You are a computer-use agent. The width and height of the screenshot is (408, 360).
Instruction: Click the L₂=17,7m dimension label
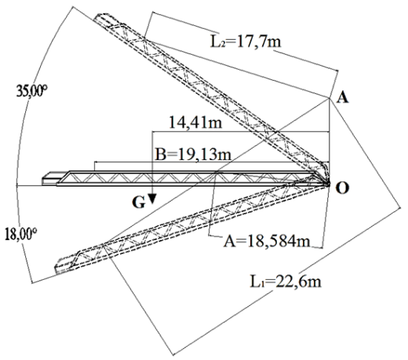[x=246, y=42]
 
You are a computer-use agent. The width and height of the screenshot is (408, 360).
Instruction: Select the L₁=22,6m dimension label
[x=286, y=282]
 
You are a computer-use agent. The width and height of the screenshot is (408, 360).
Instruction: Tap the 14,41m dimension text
[x=195, y=122]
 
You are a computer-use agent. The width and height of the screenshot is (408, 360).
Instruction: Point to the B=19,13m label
[x=193, y=155]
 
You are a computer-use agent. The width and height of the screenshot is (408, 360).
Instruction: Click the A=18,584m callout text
[x=267, y=241]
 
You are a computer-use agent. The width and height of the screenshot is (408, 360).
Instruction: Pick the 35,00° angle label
[x=31, y=91]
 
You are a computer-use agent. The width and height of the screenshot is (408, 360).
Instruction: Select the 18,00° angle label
[x=20, y=234]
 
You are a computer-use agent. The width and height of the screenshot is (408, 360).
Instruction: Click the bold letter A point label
[x=343, y=98]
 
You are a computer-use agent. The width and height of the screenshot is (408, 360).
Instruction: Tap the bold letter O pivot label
[x=342, y=187]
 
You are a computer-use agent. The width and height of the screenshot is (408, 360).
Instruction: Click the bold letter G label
[x=139, y=202]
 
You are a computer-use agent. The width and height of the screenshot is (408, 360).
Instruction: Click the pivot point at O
[x=329, y=184]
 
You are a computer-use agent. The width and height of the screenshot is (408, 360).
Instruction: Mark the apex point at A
[x=330, y=98]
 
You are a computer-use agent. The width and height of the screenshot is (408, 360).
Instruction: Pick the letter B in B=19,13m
[x=160, y=155]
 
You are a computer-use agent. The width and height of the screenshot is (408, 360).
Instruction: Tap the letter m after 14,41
[x=216, y=124]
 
